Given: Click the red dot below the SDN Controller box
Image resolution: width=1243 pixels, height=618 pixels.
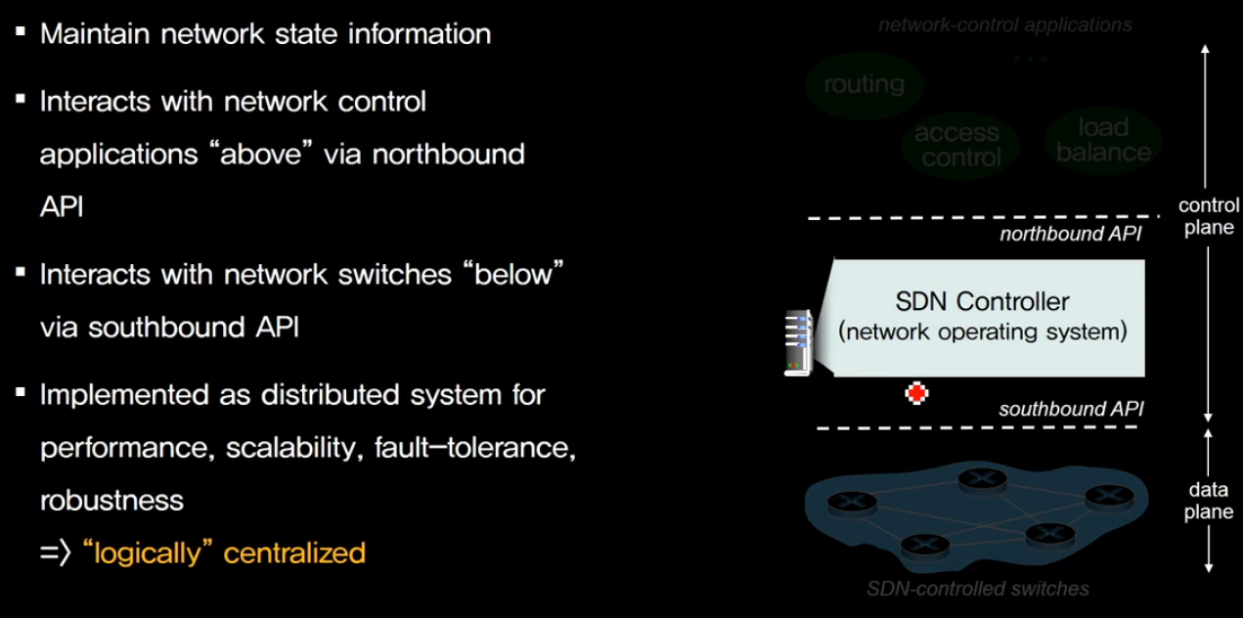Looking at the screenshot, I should [x=916, y=393].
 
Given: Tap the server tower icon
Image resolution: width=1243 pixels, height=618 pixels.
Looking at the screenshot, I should [x=799, y=342].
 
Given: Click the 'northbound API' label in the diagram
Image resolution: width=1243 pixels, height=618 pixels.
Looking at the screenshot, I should [x=1070, y=235].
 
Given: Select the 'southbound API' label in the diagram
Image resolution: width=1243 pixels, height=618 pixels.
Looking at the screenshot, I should [x=1070, y=410].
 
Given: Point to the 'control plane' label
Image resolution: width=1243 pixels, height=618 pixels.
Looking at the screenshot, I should [x=1209, y=216].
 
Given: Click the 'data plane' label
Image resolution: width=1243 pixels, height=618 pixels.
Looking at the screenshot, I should [x=1209, y=502].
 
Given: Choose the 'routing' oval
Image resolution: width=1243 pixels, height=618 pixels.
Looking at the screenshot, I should [x=864, y=84].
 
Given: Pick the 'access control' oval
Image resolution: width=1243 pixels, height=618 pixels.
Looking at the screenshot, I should [x=959, y=145].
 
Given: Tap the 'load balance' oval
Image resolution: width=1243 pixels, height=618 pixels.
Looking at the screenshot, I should [x=1103, y=140].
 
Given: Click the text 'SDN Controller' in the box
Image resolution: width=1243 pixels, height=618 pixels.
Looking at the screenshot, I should [x=982, y=301].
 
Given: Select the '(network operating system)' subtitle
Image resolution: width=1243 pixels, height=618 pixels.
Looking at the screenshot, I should [x=982, y=331].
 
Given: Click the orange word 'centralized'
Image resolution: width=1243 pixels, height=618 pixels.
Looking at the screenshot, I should [x=294, y=552].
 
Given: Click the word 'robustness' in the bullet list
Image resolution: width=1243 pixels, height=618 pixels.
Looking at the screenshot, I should [x=111, y=500].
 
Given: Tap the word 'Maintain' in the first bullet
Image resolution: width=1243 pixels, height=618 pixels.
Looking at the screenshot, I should [x=94, y=34].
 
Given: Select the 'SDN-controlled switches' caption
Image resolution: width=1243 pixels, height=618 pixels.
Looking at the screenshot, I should [x=977, y=589].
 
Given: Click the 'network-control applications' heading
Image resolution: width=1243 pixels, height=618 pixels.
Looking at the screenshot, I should [x=1004, y=24].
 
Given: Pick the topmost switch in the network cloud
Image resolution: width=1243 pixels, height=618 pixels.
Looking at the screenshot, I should [x=982, y=478].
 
